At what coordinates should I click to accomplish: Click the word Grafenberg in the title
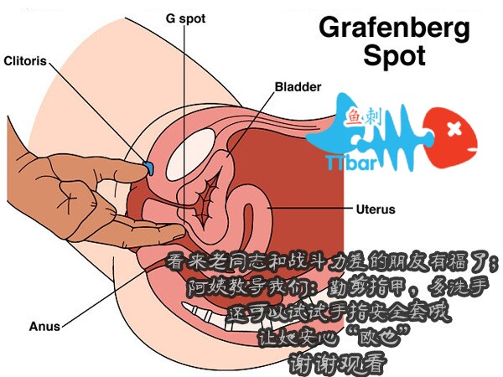coord(395,27)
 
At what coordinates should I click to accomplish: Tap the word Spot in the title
coord(395,56)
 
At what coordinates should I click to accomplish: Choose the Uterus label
coord(376,209)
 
